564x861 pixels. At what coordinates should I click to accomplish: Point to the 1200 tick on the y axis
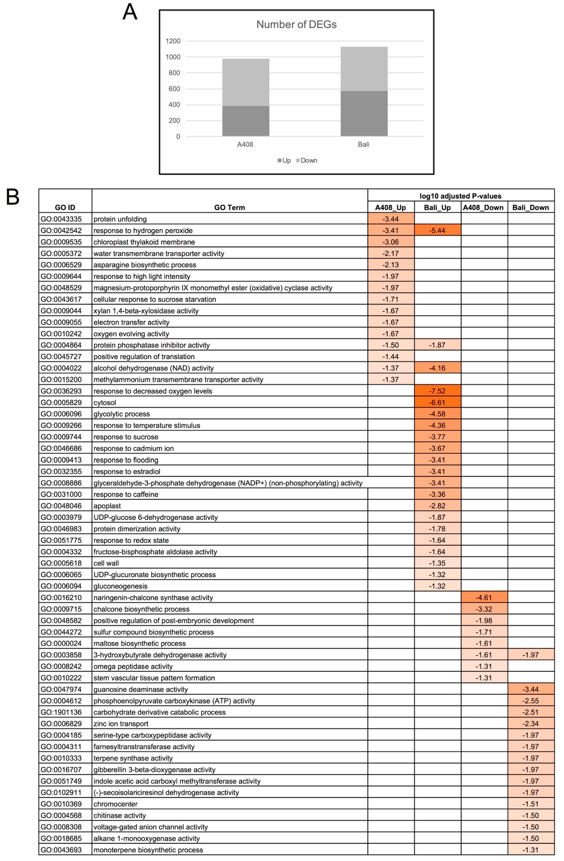[x=173, y=41]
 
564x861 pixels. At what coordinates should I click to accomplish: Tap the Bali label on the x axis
[x=363, y=144]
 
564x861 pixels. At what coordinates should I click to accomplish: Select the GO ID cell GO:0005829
[x=61, y=402]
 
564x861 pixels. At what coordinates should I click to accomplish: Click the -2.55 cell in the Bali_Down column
[x=530, y=701]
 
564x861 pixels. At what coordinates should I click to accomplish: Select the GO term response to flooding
[x=126, y=460]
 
